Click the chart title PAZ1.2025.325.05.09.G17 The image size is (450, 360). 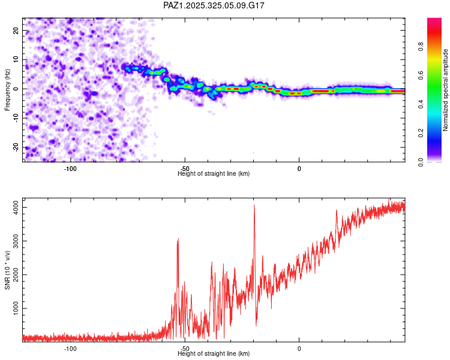pyautogui.click(x=214, y=5)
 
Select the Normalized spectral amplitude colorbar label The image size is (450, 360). pyautogui.click(x=446, y=90)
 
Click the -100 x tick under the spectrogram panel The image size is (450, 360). pyautogui.click(x=70, y=169)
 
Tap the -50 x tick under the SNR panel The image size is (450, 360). pyautogui.click(x=185, y=349)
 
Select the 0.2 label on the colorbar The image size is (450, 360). pyautogui.click(x=422, y=133)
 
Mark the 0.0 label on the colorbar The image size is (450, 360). pyautogui.click(x=422, y=161)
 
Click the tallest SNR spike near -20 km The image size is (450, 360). pyautogui.click(x=254, y=205)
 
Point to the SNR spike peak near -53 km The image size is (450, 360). pyautogui.click(x=178, y=239)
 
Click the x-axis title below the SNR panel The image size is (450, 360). pyautogui.click(x=214, y=354)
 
